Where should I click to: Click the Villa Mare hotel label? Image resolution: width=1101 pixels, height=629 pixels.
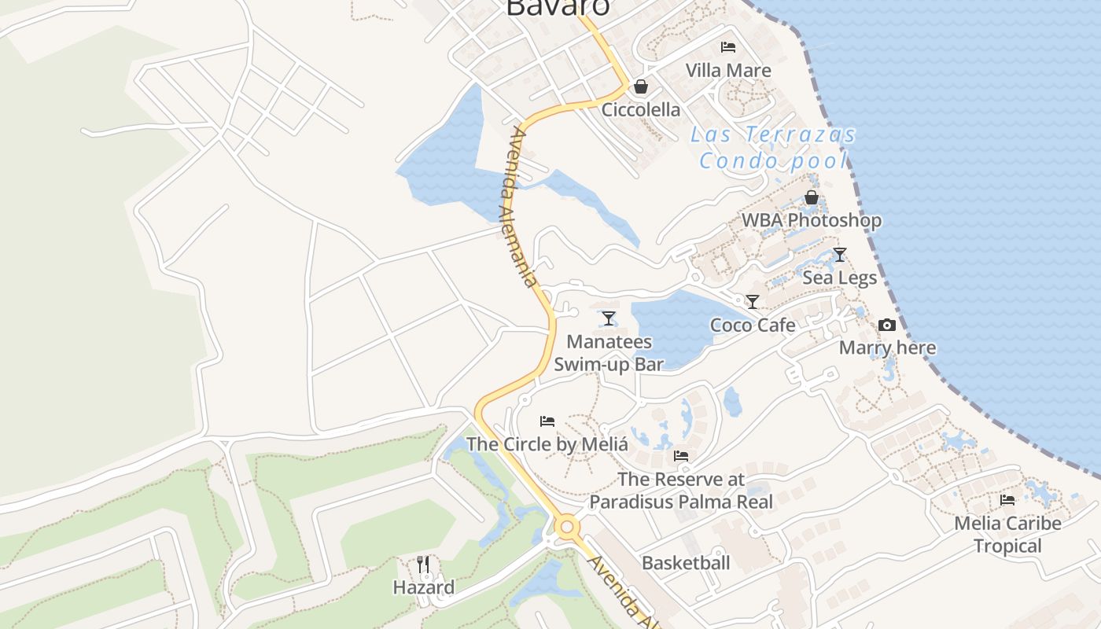728,70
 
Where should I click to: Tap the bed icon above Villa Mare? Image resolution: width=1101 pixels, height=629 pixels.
728,47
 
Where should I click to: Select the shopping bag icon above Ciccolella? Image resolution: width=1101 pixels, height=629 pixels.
641,86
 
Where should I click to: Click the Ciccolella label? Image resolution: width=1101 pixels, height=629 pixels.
641,109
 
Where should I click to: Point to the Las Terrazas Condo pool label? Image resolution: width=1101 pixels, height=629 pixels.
774,148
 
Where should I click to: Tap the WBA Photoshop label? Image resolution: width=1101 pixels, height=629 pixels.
812,220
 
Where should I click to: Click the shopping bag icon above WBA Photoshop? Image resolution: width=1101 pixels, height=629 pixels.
812,197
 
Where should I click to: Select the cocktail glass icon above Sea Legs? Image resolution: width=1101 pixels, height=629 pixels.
840,254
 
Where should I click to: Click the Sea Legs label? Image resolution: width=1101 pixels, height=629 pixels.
840,278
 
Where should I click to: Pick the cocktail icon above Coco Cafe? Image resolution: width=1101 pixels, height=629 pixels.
753,301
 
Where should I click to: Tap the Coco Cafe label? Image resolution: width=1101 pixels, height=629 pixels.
753,325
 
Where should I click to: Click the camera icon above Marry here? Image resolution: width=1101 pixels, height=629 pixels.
887,325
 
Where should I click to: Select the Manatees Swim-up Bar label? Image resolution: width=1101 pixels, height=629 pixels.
609,353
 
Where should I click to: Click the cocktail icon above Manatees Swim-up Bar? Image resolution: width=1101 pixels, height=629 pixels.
609,318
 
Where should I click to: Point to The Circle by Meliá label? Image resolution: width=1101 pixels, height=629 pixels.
547,444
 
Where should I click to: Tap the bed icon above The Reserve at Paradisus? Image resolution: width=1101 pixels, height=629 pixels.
681,456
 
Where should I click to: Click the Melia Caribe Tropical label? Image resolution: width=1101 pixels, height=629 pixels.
1007,534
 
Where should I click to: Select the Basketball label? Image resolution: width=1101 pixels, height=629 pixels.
686,563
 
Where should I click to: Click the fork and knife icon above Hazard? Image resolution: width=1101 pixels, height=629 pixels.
423,564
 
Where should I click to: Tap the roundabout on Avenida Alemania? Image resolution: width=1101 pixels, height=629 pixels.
567,527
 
